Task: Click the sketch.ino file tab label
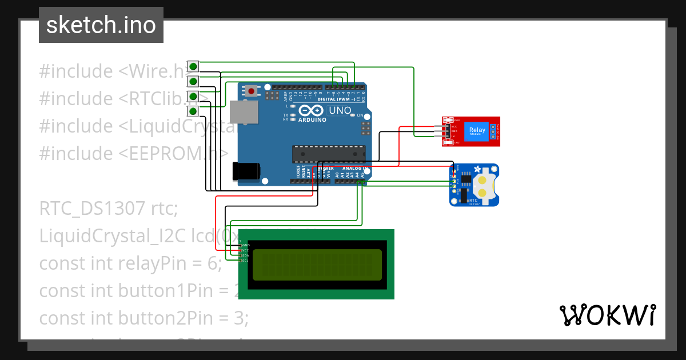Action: [x=101, y=25]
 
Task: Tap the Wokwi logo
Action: [x=607, y=315]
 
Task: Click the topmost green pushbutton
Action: [x=193, y=65]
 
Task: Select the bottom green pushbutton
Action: [x=193, y=111]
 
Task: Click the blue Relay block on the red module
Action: [x=477, y=130]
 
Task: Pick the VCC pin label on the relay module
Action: [x=454, y=126]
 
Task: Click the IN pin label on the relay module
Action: [x=454, y=136]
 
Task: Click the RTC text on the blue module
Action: [x=473, y=201]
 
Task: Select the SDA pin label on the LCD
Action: [x=245, y=255]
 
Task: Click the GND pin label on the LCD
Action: [x=246, y=245]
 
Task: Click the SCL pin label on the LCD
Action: [x=245, y=261]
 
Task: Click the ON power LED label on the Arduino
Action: [x=361, y=115]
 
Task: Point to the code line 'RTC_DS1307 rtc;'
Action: [x=109, y=209]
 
